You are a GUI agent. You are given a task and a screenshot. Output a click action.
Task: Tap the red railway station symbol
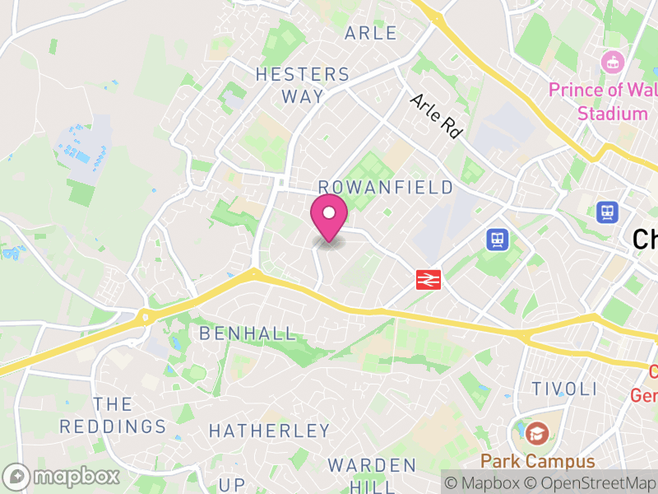pos(428,280)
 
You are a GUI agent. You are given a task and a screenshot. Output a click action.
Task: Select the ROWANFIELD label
pos(386,188)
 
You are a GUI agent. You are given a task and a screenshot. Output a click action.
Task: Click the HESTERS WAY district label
pos(303,85)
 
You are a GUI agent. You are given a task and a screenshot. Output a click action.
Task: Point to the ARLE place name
pos(371,34)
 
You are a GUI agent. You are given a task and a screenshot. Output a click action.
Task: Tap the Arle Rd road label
pos(435,115)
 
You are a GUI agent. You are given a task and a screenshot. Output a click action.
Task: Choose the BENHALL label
pos(248,333)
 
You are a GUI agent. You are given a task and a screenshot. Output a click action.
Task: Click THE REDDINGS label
pos(113,415)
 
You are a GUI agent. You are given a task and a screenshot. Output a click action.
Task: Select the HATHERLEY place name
pos(269,431)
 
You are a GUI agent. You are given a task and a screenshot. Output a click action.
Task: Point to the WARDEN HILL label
pos(373,476)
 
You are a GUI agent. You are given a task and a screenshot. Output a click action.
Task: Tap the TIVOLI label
pos(563,389)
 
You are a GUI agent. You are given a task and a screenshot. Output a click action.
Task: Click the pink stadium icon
pos(611,61)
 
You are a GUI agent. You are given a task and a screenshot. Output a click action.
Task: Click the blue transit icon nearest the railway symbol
pos(498,240)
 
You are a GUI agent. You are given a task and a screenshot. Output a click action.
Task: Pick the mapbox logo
pos(63,476)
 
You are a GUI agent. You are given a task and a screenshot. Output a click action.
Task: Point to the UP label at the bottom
pos(232,483)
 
